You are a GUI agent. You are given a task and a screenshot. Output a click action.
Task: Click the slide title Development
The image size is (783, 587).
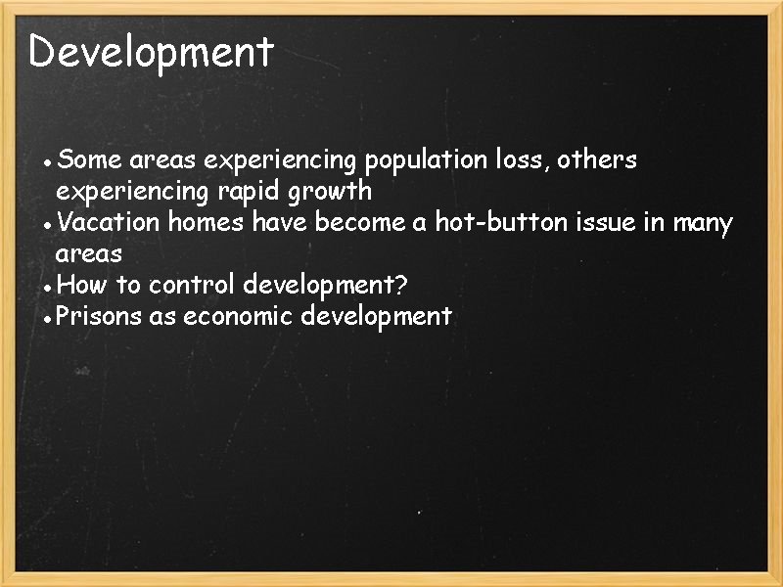[151, 52]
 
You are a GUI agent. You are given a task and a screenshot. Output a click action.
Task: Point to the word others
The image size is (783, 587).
[597, 158]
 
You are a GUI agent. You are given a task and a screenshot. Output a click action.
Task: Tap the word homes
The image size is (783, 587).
[207, 223]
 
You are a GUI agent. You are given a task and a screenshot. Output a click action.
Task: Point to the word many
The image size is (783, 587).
[702, 224]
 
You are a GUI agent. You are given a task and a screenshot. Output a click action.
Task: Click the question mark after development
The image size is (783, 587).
[400, 286]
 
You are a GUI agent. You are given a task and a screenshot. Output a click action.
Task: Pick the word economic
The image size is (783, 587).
[237, 316]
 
